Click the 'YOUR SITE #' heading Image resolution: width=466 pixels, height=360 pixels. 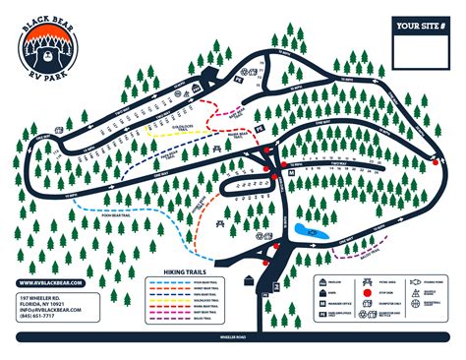click(x=414, y=27)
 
